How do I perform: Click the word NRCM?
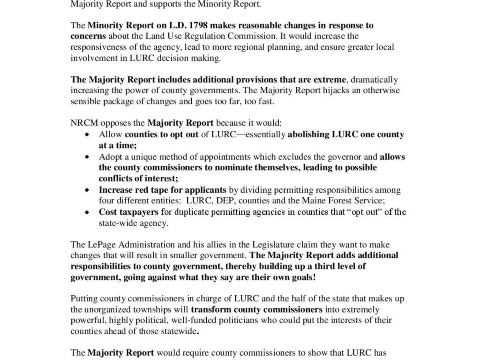tap(82, 123)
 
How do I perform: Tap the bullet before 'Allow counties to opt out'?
tap(87, 135)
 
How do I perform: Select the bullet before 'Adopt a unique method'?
tap(87, 157)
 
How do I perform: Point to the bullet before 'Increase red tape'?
tap(87, 191)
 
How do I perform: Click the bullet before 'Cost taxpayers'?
tap(87, 213)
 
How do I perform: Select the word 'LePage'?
tap(99, 245)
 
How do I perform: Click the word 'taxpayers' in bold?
tap(138, 212)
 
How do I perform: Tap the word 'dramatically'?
tap(375, 80)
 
